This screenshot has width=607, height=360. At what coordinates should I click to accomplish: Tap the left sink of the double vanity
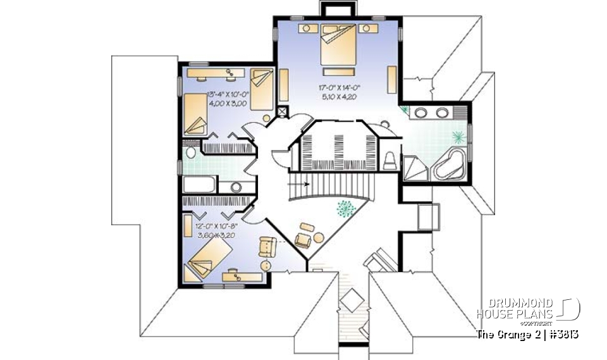(420, 113)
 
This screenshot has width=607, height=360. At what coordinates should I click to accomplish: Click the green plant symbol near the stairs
(345, 208)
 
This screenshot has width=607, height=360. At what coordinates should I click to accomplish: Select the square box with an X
(282, 112)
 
